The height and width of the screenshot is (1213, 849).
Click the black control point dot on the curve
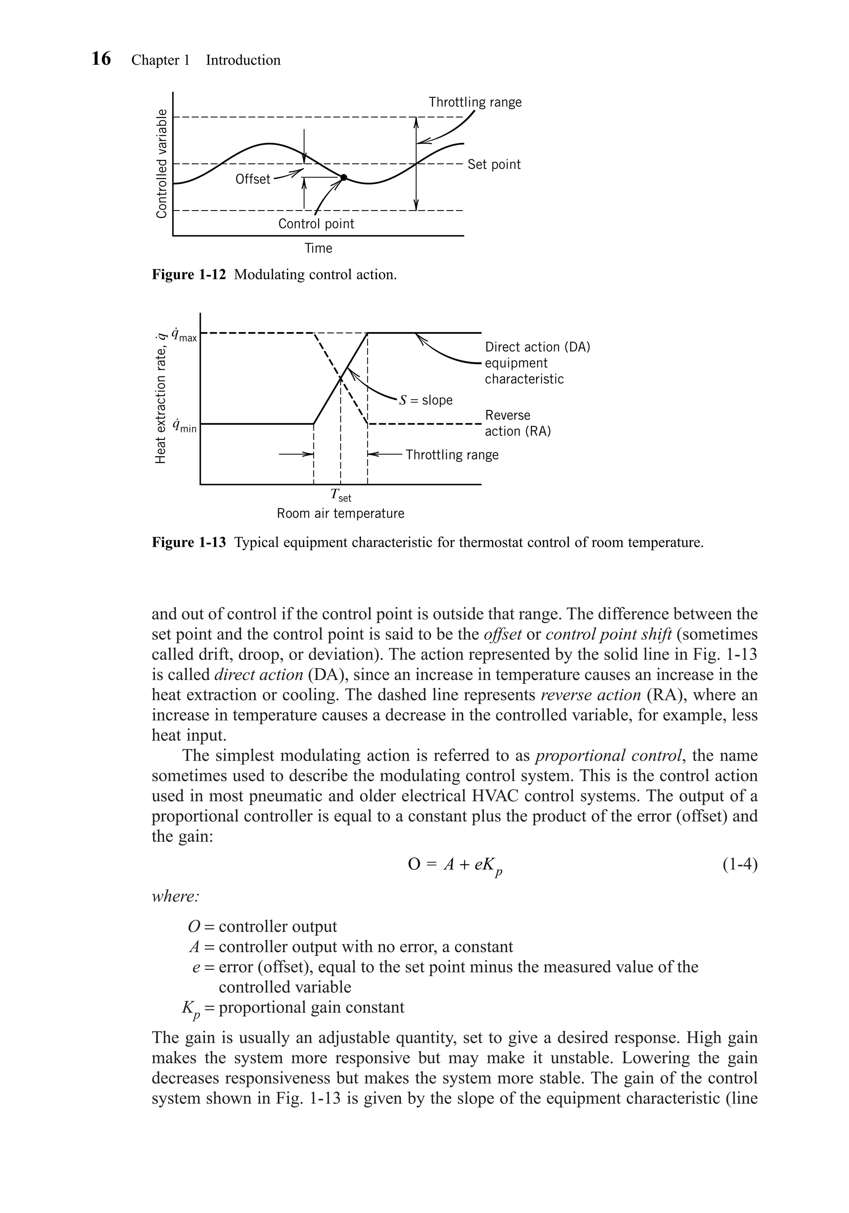click(x=343, y=177)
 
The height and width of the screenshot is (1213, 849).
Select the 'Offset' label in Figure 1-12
click(x=252, y=179)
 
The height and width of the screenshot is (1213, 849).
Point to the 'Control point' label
click(x=316, y=223)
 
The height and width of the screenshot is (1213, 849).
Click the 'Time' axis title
click(x=318, y=248)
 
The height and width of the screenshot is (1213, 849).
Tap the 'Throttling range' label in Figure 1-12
click(x=475, y=102)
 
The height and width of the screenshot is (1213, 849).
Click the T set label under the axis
click(x=340, y=495)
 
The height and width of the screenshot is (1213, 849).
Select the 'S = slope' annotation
click(x=426, y=400)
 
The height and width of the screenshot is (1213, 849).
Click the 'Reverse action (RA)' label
click(x=517, y=423)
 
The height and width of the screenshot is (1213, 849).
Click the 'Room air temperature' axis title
click(x=340, y=514)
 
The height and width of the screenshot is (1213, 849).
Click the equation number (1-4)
click(x=740, y=865)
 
